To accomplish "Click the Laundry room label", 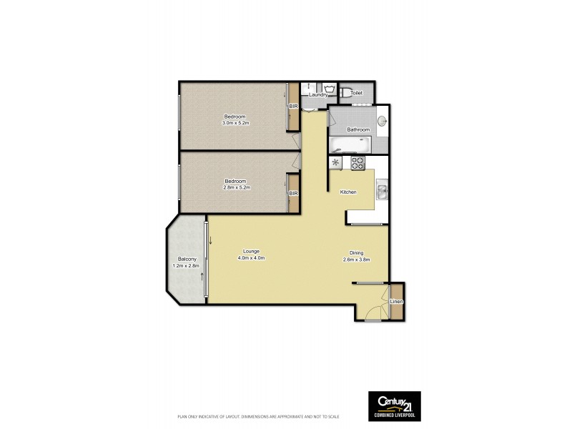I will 318,94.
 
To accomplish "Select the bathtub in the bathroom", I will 348,145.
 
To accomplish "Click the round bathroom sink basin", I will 382,120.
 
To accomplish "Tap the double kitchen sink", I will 383,191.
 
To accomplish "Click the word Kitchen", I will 348,192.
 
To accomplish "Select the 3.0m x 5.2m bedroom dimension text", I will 235,123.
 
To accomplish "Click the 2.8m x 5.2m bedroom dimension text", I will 235,187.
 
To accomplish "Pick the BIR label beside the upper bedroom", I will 293,107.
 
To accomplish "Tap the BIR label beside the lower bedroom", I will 293,194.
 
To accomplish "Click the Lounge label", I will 251,251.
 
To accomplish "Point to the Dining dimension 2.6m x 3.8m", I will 356,259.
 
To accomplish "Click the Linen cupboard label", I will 396,302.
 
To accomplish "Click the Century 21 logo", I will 394,405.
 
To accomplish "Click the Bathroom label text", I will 358,129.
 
